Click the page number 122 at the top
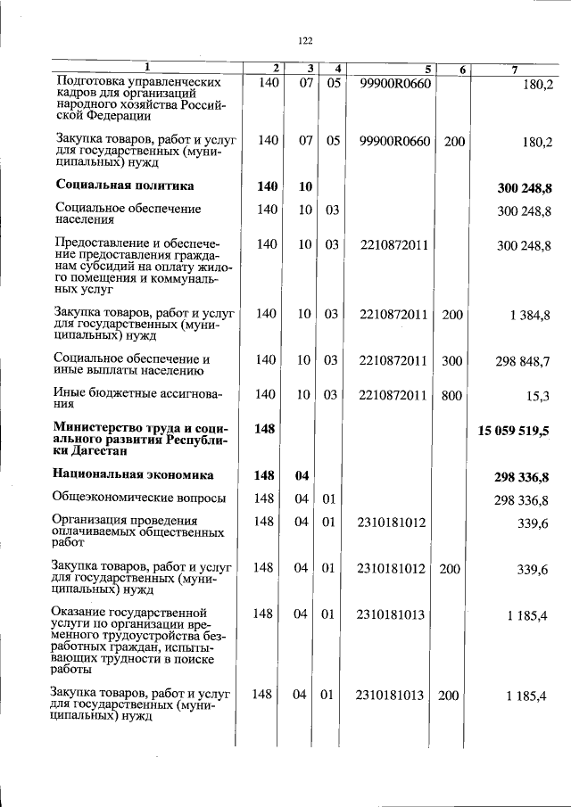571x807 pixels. (304, 40)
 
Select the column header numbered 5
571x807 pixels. (428, 69)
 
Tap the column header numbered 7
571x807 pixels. (515, 69)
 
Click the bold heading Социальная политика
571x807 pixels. (124, 185)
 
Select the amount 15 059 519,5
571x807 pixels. (514, 431)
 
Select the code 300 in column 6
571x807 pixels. (453, 360)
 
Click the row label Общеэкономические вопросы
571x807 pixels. (138, 498)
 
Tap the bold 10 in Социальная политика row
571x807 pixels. (305, 185)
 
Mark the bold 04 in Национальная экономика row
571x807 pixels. (301, 475)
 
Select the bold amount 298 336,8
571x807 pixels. (522, 476)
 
